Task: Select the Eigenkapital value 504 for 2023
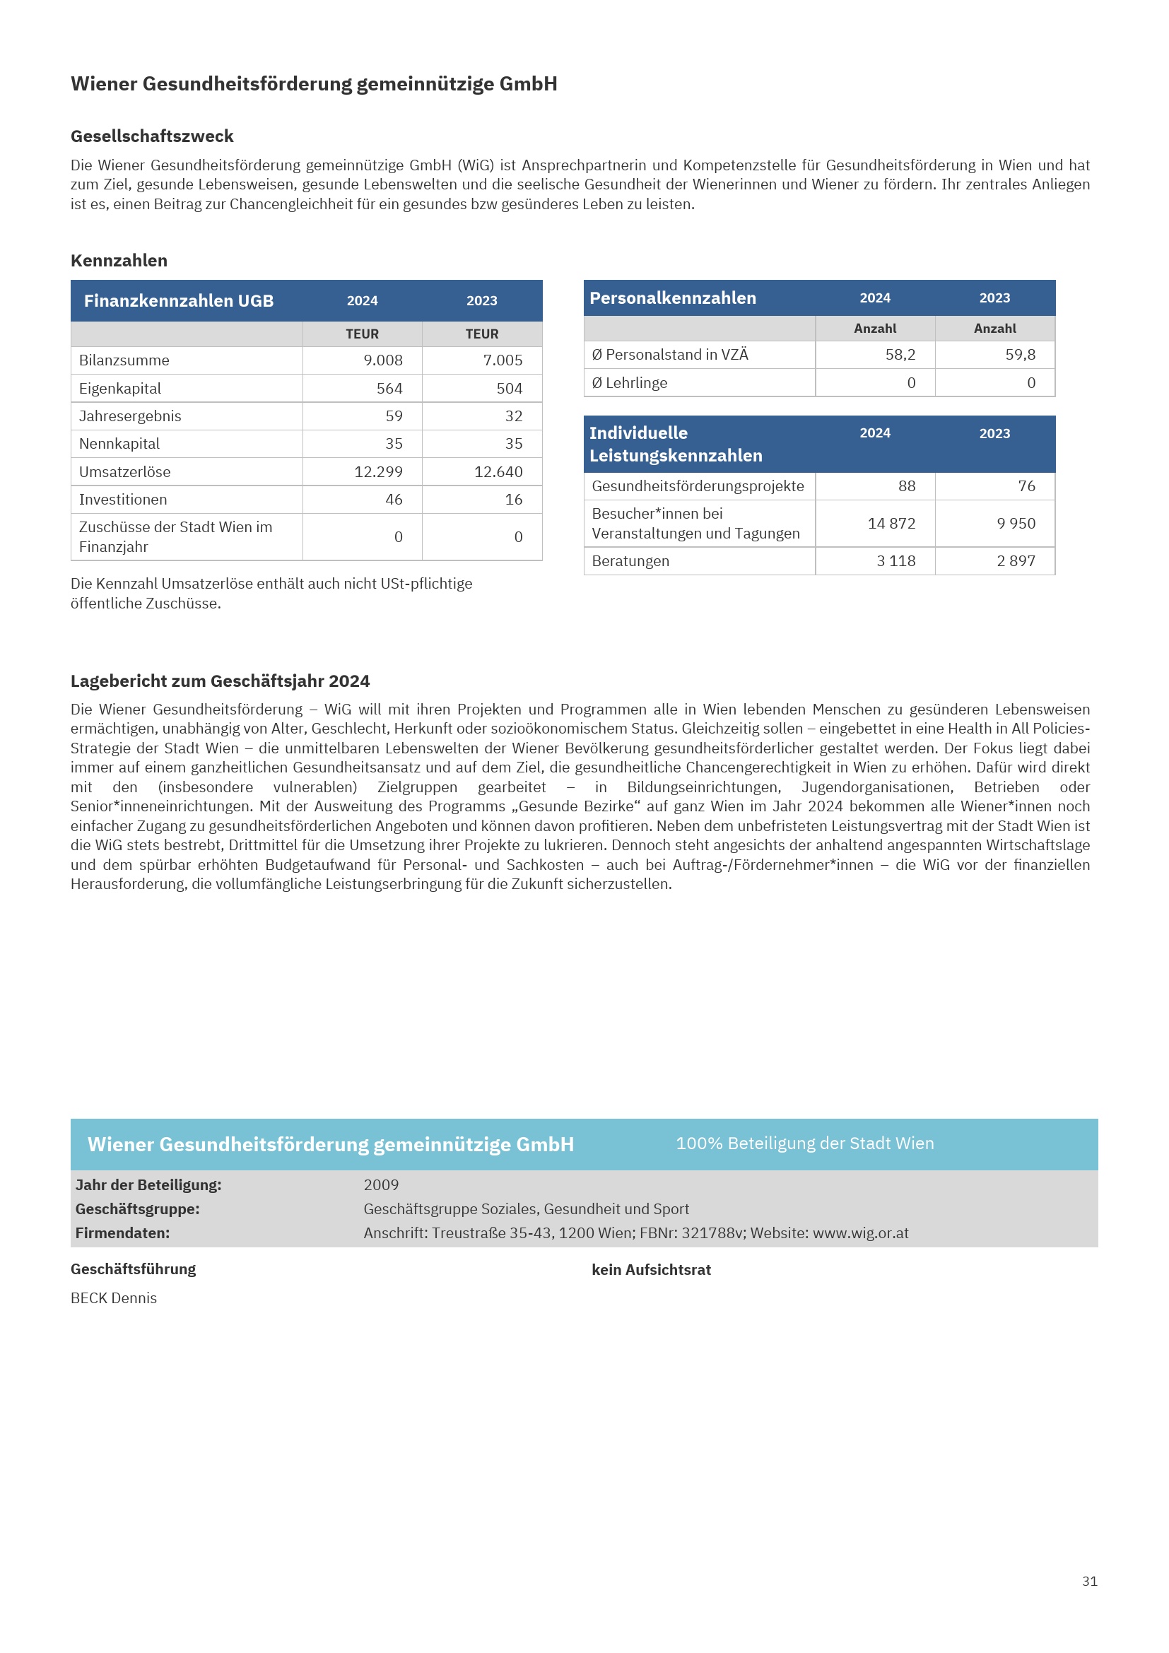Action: [509, 389]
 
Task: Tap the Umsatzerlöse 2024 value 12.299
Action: [378, 472]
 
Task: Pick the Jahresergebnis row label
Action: [130, 416]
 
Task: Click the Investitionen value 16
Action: [513, 500]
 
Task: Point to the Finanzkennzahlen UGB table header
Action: [179, 301]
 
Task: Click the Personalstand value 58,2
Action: [900, 355]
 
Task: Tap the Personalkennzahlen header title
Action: [672, 298]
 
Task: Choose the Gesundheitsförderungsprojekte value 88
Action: [906, 486]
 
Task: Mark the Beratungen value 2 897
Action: [1016, 561]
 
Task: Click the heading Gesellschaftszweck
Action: [152, 136]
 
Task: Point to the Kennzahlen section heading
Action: [119, 261]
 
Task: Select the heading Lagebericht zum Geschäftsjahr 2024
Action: [221, 681]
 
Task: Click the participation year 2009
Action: [381, 1185]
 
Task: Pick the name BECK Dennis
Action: [114, 1298]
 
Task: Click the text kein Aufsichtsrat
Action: [651, 1270]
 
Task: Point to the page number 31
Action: [1089, 1581]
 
